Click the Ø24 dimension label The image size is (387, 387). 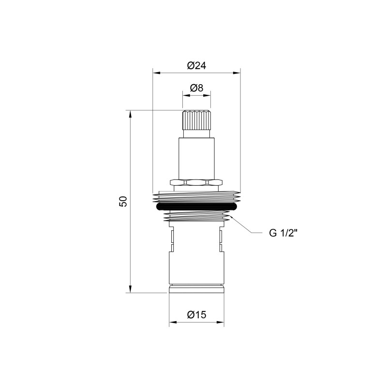pyautogui.click(x=196, y=66)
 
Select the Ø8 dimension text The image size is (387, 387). pyautogui.click(x=196, y=88)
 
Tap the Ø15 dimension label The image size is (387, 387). pyautogui.click(x=196, y=315)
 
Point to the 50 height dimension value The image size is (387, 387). pyautogui.click(x=123, y=201)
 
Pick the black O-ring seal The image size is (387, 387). pyautogui.click(x=196, y=207)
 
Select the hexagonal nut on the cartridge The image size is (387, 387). pyautogui.click(x=196, y=183)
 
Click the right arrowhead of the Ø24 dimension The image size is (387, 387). pyautogui.click(x=237, y=73)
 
